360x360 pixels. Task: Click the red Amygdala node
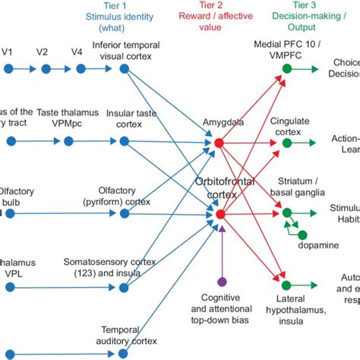click(x=220, y=141)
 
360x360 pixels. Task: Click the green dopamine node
click(x=302, y=235)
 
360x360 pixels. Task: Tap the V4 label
click(x=76, y=52)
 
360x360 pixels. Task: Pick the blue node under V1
click(x=9, y=69)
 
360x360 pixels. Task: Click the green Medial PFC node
click(x=286, y=69)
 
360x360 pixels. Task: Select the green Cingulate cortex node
click(x=286, y=141)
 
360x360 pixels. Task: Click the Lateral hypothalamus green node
click(x=286, y=286)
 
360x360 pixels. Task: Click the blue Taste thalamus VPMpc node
click(x=68, y=141)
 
